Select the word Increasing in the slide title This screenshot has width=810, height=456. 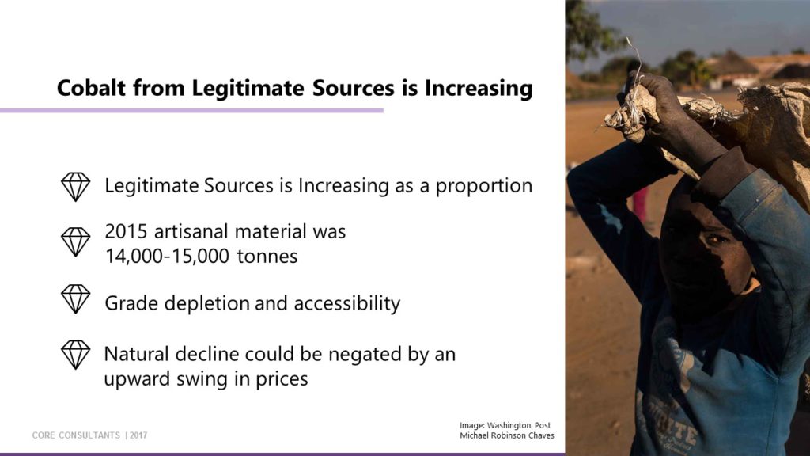479,89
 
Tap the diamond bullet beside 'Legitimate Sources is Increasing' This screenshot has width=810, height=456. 75,187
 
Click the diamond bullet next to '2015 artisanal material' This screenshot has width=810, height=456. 75,242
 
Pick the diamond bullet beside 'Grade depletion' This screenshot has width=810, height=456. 75,298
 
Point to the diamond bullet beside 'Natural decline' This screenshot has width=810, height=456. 75,355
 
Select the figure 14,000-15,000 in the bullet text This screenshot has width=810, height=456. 167,256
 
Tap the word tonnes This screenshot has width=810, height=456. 267,256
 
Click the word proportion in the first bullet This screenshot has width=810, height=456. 483,186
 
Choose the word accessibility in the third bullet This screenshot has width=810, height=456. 347,303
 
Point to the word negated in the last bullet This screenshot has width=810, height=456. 360,355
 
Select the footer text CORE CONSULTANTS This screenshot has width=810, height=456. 76,435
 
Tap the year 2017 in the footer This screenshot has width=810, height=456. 138,435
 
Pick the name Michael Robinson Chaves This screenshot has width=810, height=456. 507,436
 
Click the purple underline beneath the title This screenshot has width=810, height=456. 191,110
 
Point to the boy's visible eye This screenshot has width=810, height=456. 715,239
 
